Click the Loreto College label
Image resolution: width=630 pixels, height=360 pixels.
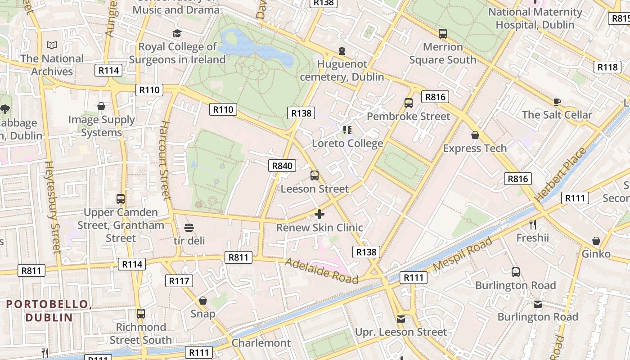point(347,144)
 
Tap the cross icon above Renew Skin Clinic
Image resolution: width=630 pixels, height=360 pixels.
point(319,214)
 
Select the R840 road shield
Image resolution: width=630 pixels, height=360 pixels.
point(282,166)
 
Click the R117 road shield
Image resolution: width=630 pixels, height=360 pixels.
point(179,281)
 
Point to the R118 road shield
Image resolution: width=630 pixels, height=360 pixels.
point(607,67)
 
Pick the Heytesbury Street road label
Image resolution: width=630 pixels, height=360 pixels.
point(53,207)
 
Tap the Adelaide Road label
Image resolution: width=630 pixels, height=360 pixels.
point(321,270)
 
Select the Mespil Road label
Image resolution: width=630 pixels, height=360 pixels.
point(463,254)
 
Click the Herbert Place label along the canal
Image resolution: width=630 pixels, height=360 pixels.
point(561,174)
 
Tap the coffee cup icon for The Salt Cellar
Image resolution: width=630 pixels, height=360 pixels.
point(557,102)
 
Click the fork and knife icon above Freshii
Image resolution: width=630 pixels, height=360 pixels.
point(533,224)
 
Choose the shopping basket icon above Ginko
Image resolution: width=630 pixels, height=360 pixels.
point(596,241)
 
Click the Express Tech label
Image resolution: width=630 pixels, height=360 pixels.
point(475,148)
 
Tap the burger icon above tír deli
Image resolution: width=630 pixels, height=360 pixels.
point(189,228)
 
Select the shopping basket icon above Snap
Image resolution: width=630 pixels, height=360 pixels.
point(203,300)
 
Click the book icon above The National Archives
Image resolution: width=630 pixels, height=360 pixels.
point(52,45)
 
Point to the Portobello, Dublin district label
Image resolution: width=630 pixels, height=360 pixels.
point(49,310)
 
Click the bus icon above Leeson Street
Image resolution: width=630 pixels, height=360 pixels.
point(315,175)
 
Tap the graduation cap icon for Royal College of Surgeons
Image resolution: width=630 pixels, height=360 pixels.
point(177,33)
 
